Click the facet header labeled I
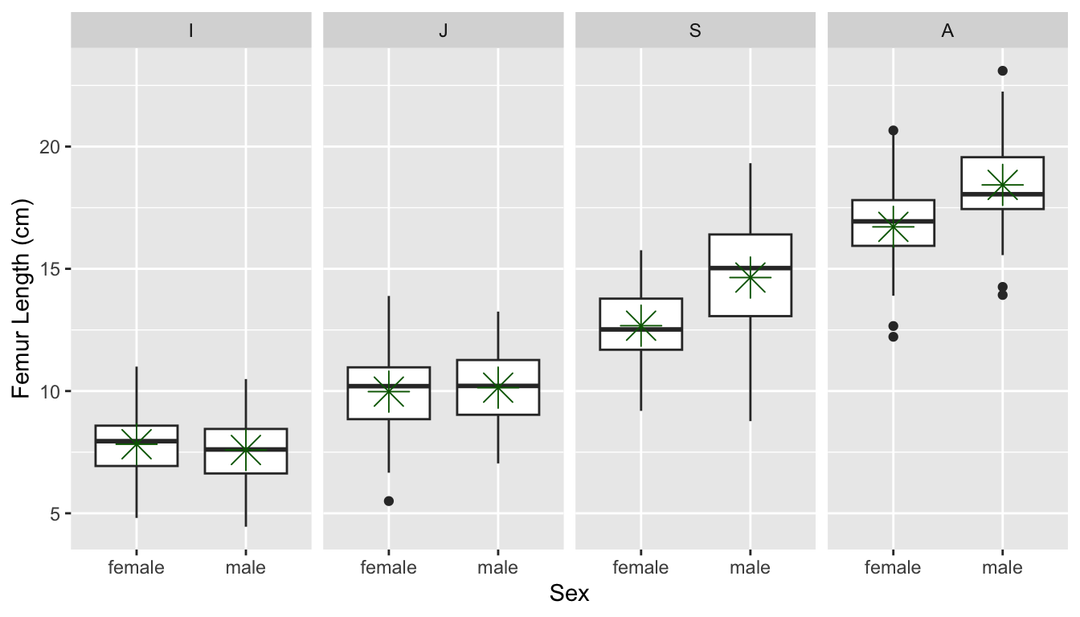(x=190, y=31)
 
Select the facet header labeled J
(x=443, y=31)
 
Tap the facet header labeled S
(x=695, y=31)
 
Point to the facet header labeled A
(x=947, y=31)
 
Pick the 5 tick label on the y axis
(x=55, y=513)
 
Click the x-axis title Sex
(x=569, y=595)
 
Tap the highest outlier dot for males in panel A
(x=1002, y=71)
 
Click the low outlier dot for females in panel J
(x=389, y=501)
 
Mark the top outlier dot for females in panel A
(x=893, y=130)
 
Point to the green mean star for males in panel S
(x=750, y=277)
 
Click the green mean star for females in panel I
(x=137, y=443)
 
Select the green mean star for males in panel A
(x=1002, y=185)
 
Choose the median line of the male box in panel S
(x=750, y=268)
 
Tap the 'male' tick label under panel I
(x=245, y=568)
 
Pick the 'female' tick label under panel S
(x=640, y=568)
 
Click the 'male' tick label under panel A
(x=1002, y=568)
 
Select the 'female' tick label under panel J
(x=389, y=568)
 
